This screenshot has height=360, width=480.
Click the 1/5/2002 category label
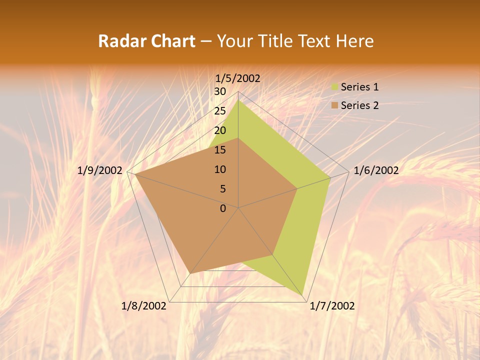point(238,78)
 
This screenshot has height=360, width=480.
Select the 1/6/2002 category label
point(376,170)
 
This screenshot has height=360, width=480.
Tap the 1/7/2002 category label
point(332,306)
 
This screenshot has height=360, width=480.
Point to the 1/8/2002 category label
point(144,306)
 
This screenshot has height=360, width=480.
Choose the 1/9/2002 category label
point(100,170)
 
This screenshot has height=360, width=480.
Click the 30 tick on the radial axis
point(220,91)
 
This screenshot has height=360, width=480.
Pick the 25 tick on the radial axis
point(220,111)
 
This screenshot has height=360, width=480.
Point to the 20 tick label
point(220,130)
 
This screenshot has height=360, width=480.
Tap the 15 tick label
point(220,150)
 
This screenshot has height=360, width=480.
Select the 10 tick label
point(220,169)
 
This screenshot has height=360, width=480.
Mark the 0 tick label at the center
point(223,208)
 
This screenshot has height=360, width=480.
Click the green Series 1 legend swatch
point(334,87)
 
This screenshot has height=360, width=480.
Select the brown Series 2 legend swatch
point(334,105)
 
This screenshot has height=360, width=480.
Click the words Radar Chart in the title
point(146,41)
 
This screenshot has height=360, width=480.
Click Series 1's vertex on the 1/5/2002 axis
point(238,100)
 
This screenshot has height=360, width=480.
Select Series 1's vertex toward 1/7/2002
point(303,295)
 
